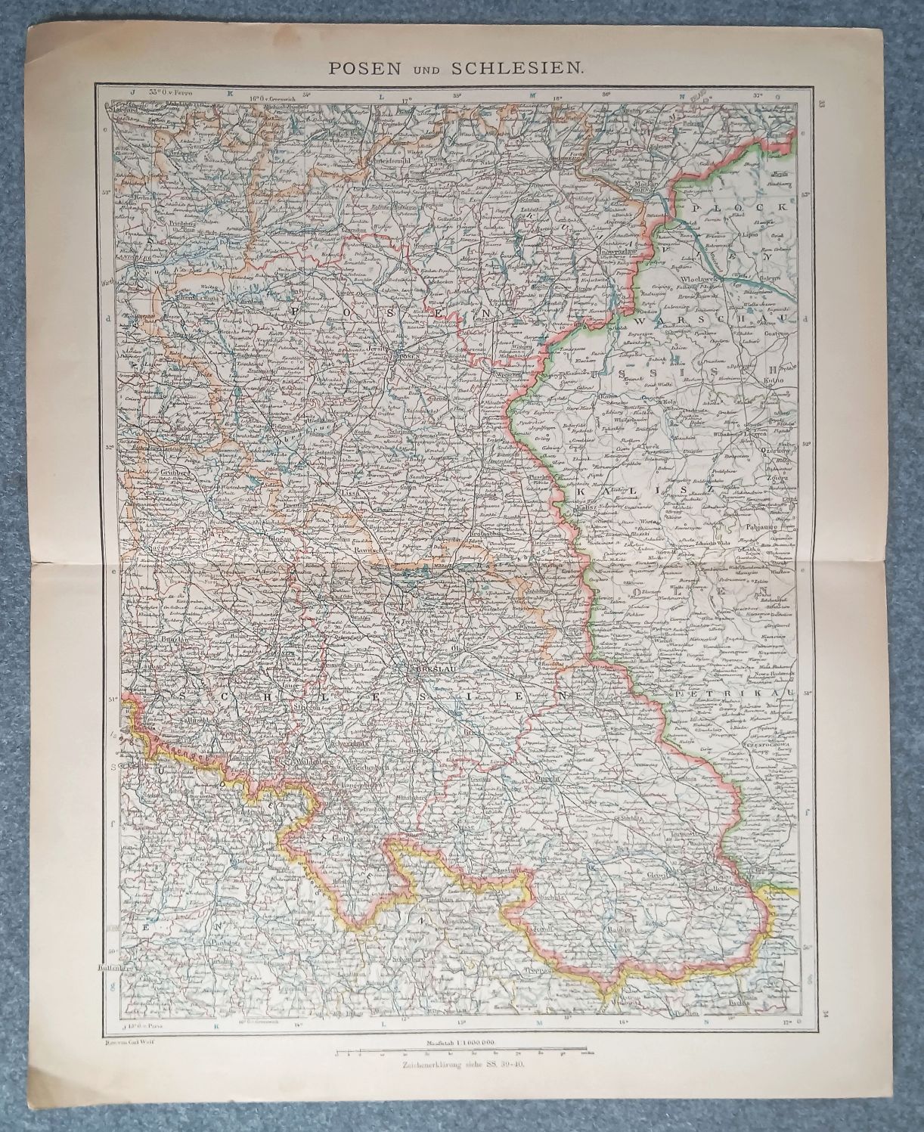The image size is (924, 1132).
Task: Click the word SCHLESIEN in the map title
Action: (x=516, y=67)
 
